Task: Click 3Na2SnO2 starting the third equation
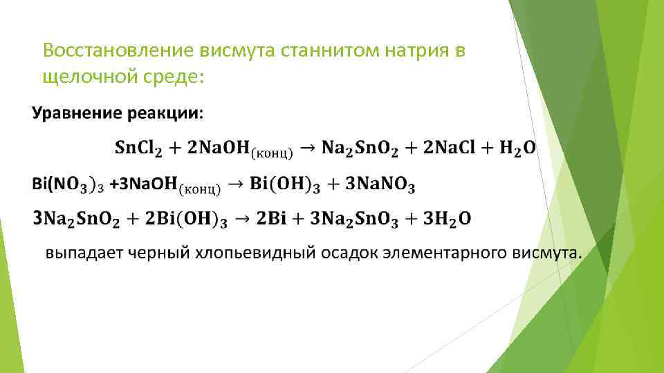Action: [75, 219]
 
